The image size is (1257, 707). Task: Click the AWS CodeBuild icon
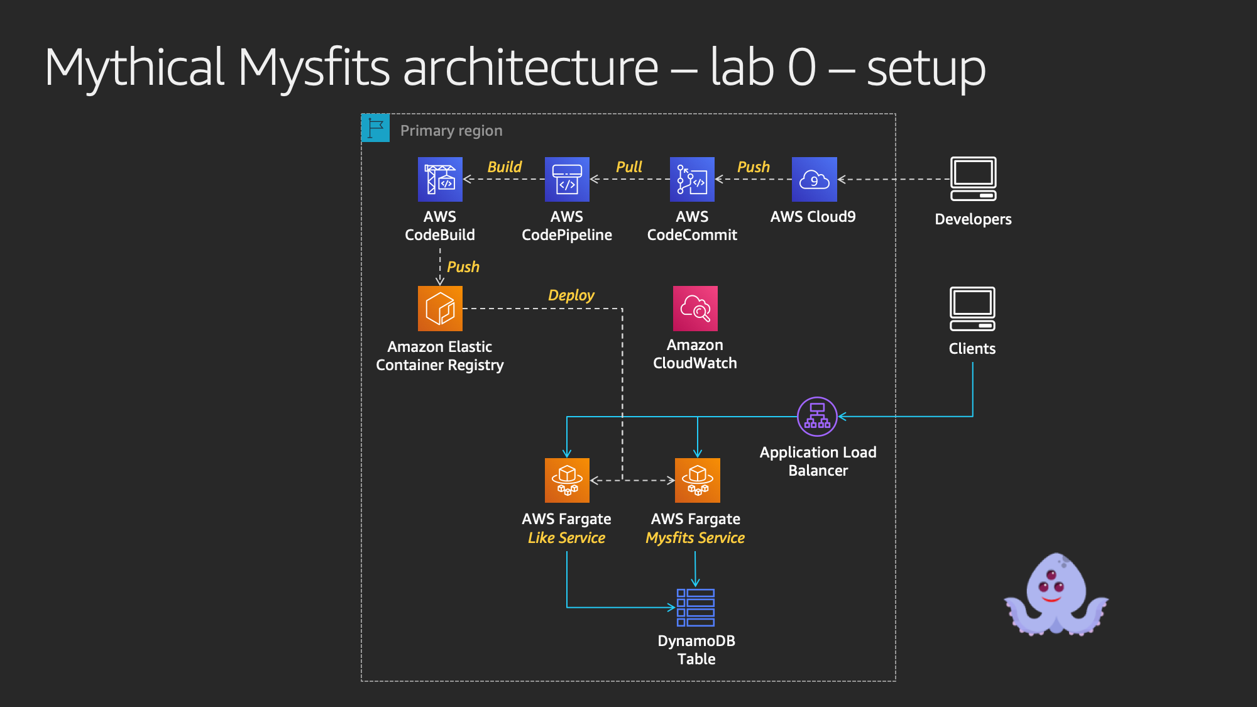pos(440,179)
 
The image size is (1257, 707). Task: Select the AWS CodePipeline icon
pos(567,179)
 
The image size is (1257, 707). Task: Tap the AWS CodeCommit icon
pos(692,179)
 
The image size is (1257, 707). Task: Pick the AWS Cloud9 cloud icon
pos(815,179)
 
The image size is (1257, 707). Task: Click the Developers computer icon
pos(974,179)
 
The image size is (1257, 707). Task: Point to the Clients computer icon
pos(972,309)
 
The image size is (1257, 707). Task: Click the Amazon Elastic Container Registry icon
pos(440,309)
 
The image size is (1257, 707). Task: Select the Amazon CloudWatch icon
pos(695,309)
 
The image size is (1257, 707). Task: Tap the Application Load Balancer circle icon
pos(817,417)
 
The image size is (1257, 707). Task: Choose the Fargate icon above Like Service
pos(567,480)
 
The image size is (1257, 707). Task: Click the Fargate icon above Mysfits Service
pos(698,480)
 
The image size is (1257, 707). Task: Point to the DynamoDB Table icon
pos(696,608)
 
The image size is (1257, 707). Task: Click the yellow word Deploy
pos(571,295)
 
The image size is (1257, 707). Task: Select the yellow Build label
pos(504,167)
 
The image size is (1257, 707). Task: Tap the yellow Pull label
pos(628,167)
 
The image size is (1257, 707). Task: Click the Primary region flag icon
pos(376,128)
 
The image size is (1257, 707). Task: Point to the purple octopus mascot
pos(1057,595)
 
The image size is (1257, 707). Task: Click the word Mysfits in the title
pos(314,68)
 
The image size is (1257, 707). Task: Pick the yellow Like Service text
pos(566,538)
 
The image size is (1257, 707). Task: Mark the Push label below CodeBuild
pos(463,267)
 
